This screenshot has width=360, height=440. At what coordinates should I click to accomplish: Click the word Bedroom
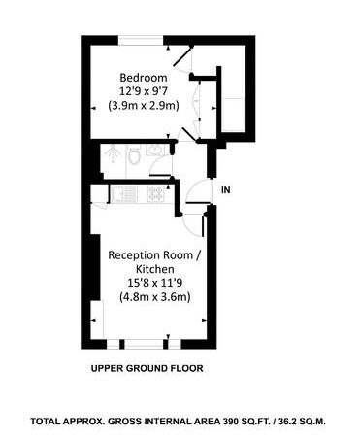[144, 78]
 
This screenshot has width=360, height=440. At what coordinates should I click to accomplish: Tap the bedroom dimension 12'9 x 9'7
[144, 91]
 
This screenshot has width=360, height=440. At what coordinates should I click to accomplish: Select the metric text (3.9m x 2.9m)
[144, 106]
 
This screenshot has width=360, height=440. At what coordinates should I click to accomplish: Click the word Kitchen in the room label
[154, 269]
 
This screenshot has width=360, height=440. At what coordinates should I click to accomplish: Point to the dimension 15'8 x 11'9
[154, 283]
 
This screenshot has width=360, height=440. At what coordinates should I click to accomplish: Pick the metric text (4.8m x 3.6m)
[154, 297]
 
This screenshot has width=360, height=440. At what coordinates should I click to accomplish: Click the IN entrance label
[226, 190]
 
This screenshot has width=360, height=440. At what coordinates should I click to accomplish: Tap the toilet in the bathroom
[133, 155]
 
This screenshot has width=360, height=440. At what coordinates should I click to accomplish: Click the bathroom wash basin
[155, 150]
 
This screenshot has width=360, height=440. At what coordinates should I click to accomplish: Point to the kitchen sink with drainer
[124, 193]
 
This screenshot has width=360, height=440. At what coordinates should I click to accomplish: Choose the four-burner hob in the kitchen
[156, 194]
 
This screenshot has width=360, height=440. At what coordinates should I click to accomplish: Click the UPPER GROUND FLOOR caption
[147, 368]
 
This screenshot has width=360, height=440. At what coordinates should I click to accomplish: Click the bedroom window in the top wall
[141, 40]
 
